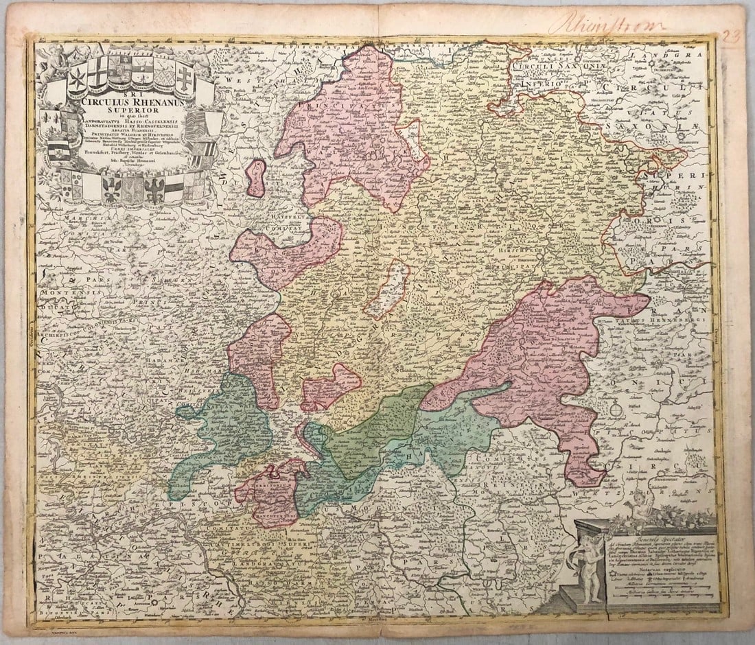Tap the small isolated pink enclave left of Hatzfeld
click(256, 178)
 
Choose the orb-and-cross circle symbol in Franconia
click(616, 410)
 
